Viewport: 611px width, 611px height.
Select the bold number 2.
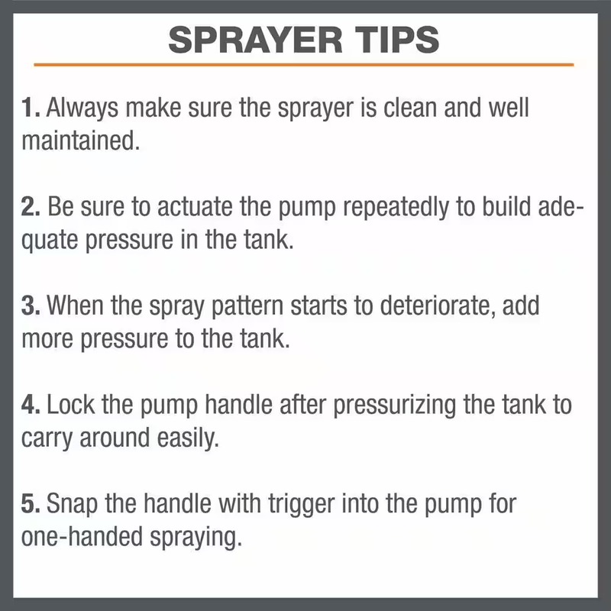pos(29,208)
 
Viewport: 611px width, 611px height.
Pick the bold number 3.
pos(29,306)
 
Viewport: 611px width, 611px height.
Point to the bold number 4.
pos(29,405)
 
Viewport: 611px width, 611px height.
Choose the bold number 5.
pos(29,504)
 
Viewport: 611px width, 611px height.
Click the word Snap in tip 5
pos(73,504)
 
